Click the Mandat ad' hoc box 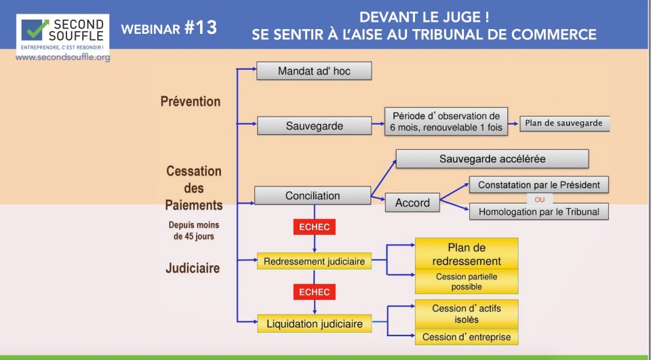(314, 71)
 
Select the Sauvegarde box (314, 125)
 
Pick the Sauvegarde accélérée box (492, 159)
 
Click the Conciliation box (312, 195)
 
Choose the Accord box (412, 202)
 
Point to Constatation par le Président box (538, 184)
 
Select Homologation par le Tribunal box (538, 212)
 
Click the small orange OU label (540, 199)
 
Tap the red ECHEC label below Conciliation (314, 226)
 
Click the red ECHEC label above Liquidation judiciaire (314, 292)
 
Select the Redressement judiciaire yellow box (314, 261)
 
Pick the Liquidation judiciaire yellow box (314, 323)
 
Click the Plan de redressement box (466, 254)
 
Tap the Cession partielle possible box (466, 281)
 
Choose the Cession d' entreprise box (466, 337)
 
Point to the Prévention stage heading (191, 101)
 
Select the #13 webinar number (201, 28)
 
